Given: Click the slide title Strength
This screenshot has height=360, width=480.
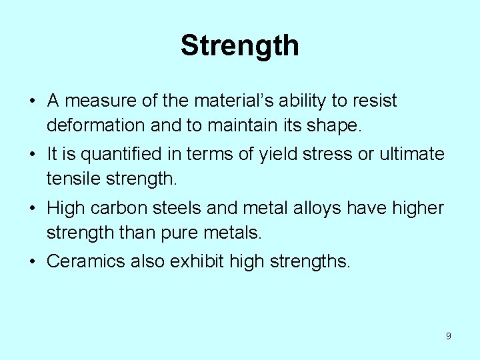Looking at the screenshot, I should pyautogui.click(x=239, y=46).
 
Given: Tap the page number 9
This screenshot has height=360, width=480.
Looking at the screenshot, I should pyautogui.click(x=448, y=336).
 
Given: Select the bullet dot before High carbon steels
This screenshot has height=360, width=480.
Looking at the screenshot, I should pyautogui.click(x=32, y=209).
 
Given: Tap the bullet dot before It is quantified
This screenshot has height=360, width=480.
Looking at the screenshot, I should pyautogui.click(x=32, y=155).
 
